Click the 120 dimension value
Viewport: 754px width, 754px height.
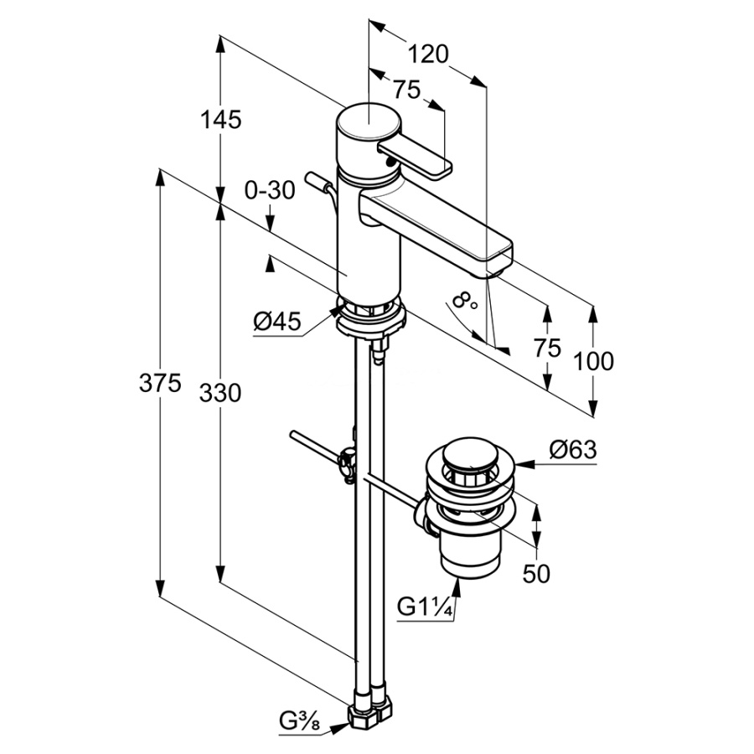click(x=428, y=54)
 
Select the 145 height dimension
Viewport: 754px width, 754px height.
click(x=220, y=120)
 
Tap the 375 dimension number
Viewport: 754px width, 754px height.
click(x=160, y=383)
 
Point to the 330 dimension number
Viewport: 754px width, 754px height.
click(x=220, y=394)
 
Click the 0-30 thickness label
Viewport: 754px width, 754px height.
click(x=270, y=190)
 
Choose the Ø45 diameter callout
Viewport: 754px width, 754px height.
click(x=277, y=321)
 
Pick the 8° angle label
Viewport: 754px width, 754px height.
click(x=464, y=302)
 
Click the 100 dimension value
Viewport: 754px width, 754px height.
click(x=593, y=361)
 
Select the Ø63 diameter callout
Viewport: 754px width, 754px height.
click(x=573, y=450)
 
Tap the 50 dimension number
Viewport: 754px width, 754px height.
click(x=536, y=574)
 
